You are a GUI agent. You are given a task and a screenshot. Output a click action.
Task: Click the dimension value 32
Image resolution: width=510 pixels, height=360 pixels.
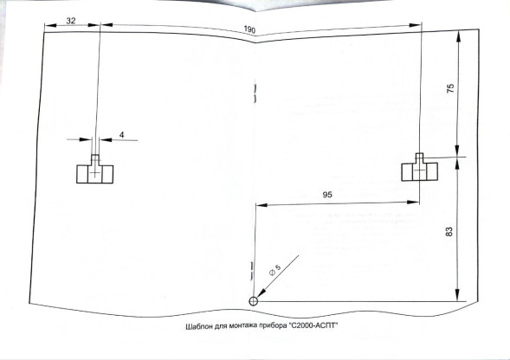pos(71,21)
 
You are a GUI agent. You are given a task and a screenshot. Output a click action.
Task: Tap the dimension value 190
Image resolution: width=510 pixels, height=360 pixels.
pos(249,29)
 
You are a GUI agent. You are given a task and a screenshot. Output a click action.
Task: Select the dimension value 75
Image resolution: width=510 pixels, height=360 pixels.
pos(450,88)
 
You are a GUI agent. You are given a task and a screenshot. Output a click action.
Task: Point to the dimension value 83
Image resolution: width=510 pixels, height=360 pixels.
pos(449,232)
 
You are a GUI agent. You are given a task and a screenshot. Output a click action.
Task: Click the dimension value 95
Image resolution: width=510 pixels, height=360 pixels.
pos(327,195)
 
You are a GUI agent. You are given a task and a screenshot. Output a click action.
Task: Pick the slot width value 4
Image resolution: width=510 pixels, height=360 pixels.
pos(121,135)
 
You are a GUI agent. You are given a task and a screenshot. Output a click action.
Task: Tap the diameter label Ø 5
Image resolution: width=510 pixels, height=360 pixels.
pos(274,270)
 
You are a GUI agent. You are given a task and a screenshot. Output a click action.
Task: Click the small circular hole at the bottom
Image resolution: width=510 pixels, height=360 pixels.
pos(254,301)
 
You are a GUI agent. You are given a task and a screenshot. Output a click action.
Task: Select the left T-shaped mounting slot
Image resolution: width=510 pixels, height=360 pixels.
pos(94,169)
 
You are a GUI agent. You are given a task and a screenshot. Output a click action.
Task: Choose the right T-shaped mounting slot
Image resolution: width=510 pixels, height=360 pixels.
pos(419,167)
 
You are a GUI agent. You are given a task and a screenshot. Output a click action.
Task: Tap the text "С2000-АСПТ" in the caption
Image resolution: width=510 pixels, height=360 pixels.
pos(313,325)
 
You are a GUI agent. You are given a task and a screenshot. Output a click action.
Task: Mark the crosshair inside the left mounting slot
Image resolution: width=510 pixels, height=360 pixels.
pos(94,173)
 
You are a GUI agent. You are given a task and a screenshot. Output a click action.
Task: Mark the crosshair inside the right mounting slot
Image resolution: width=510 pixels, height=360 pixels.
pos(419,170)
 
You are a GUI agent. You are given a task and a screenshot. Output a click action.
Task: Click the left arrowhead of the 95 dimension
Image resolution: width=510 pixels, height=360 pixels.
pos(261,205)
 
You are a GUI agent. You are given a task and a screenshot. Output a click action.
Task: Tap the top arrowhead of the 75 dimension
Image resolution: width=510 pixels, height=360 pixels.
pos(459,35)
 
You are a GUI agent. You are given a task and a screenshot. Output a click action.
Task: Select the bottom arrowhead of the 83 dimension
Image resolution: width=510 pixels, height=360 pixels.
pos(458,295)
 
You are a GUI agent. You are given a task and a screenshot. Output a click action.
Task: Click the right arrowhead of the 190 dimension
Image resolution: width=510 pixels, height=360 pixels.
pos(415,25)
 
